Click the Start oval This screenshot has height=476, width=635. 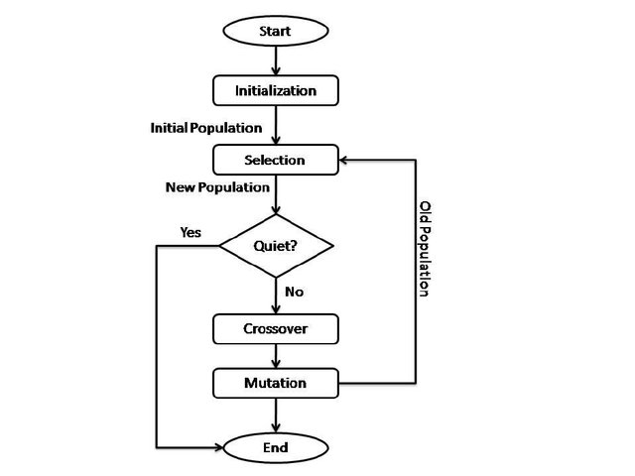pos(275,31)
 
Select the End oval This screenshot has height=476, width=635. pos(275,448)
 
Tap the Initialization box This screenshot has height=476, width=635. pos(275,90)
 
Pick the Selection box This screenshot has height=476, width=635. pos(275,160)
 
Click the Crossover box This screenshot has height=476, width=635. pos(275,328)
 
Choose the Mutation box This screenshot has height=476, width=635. pos(275,383)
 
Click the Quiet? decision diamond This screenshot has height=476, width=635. pos(275,245)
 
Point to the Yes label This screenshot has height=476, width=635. pos(190,232)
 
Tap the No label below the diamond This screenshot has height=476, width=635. pos(294,292)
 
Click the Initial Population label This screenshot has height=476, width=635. pos(206,128)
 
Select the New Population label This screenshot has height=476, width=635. pos(216,186)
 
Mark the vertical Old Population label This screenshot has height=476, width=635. pos(424,249)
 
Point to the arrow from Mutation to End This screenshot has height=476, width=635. pos(275,415)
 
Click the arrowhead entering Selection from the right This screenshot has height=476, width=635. pos(345,160)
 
